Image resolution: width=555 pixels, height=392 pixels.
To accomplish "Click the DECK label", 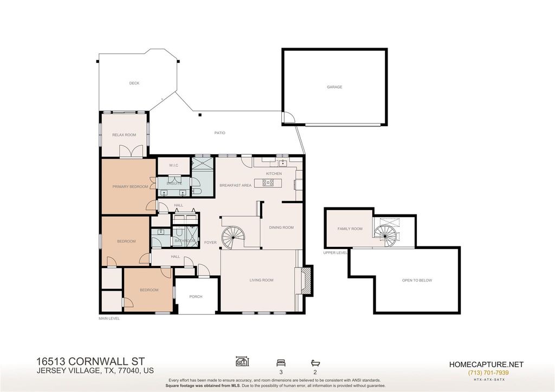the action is point(134,83).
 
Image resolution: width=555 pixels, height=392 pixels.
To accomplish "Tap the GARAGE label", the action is point(334,87).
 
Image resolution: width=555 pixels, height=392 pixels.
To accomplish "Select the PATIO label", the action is point(220,133).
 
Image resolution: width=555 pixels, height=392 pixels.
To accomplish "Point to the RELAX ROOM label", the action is point(124,135).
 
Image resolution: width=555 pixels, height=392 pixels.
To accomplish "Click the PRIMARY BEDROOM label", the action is point(130,187).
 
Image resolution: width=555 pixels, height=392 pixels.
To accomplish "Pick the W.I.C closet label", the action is point(173,166).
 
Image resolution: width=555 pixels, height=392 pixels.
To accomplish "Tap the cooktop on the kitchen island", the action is point(268,183).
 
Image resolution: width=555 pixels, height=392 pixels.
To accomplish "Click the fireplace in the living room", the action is point(307,280).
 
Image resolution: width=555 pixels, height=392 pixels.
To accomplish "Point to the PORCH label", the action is point(196,297).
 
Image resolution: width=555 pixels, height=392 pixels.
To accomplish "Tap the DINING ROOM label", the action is point(281,227).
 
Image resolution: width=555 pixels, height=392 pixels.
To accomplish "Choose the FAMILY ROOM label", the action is point(350,228).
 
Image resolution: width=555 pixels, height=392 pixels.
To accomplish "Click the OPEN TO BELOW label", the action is point(417,280).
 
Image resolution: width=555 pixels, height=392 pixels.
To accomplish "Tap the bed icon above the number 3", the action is point(281,363).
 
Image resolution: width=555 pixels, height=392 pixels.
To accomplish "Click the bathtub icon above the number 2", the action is point(315,363).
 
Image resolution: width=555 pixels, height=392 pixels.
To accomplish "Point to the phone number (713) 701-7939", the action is point(488,373).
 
